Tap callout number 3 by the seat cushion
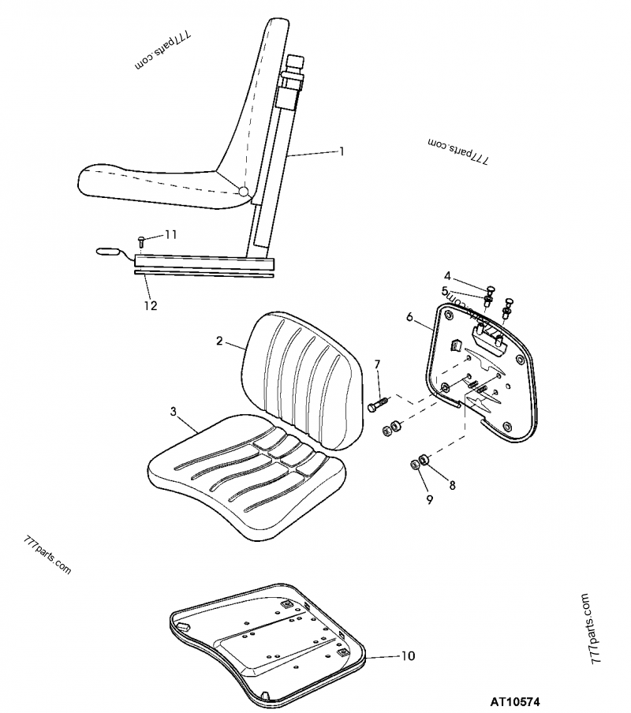pos(173,411)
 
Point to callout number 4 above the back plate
pos(446,276)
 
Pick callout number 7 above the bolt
pos(377,364)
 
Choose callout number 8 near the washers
pos(452,485)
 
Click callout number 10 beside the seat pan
pos(407,655)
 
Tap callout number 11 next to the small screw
pos(171,234)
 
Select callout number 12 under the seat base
pos(150,305)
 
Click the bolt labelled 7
pos(377,404)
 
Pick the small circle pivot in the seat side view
pos(245,191)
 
